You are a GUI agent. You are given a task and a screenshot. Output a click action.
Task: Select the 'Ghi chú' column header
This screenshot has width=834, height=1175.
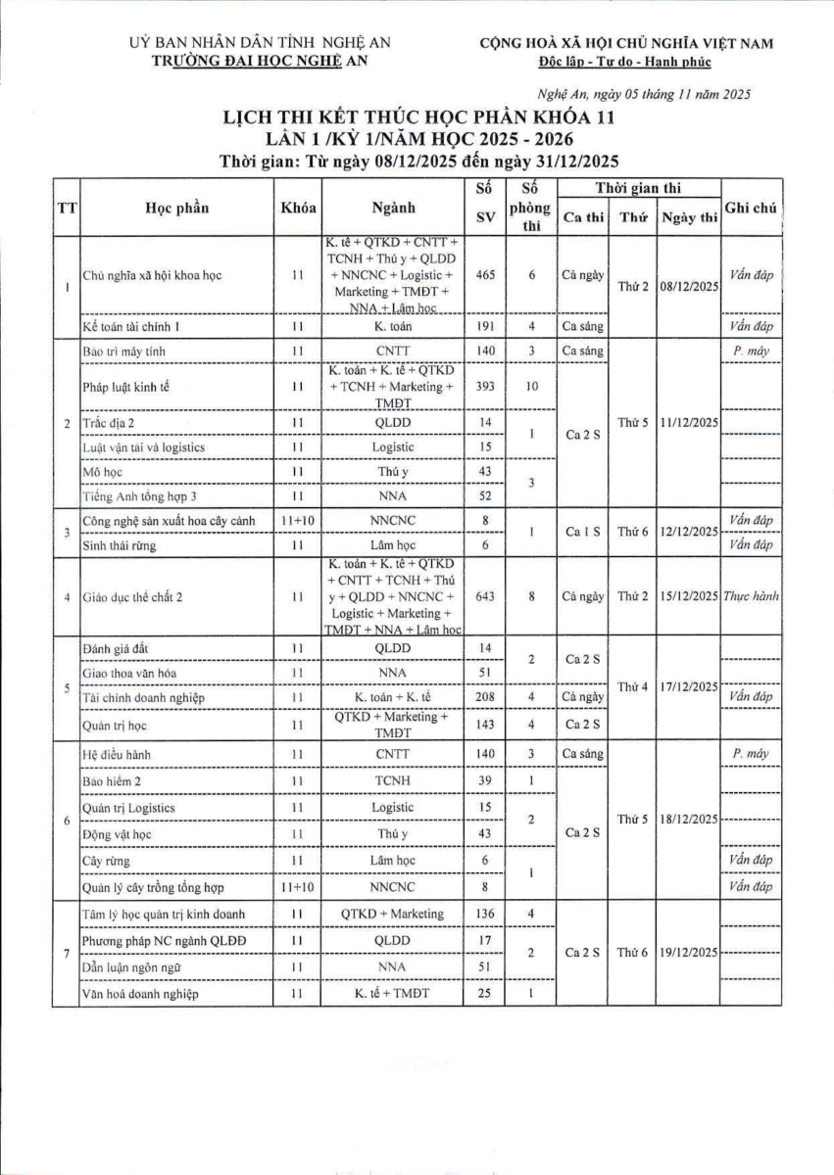point(752,208)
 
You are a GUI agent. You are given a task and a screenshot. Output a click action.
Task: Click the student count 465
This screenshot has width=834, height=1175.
point(484,275)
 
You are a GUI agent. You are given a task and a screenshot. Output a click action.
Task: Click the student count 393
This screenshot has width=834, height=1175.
point(484,387)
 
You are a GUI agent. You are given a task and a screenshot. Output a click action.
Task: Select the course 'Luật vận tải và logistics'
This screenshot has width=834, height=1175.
point(143,447)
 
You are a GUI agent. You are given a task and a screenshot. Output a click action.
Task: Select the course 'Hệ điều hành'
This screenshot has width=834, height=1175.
point(118,755)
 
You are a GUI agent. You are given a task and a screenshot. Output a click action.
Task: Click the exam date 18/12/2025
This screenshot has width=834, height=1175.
point(688,820)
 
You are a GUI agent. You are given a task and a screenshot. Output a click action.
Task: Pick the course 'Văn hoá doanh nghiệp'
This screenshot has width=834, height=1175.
point(141,995)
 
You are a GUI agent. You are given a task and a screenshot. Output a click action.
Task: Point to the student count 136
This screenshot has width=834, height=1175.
point(484,914)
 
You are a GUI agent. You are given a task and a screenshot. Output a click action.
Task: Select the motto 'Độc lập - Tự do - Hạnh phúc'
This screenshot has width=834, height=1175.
point(625,62)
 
